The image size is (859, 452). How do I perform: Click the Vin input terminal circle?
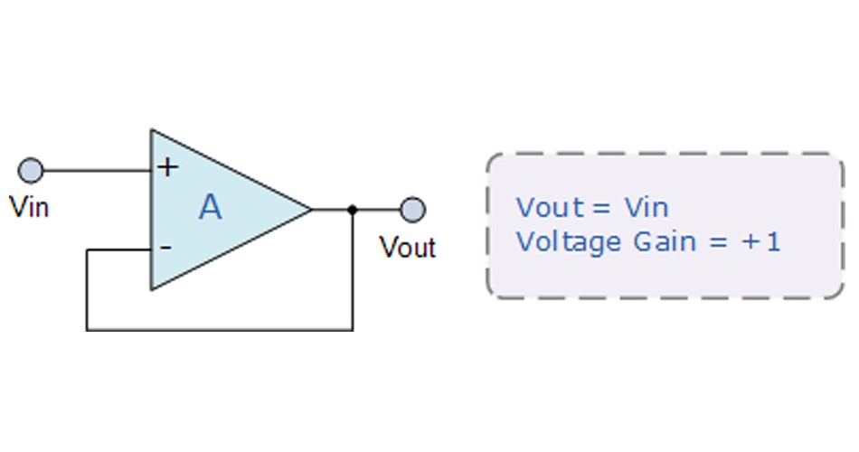[31, 170]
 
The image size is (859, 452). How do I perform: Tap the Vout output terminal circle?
[412, 210]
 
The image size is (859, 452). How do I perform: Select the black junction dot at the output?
[353, 210]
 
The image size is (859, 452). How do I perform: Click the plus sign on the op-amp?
[167, 167]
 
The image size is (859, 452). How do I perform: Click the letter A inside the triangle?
[211, 208]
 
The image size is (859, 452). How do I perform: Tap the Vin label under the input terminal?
[30, 208]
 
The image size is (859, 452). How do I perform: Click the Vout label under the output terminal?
[408, 248]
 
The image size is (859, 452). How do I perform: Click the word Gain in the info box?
[665, 241]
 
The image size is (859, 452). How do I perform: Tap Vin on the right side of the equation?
[647, 208]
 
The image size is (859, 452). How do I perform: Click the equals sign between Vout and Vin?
[601, 208]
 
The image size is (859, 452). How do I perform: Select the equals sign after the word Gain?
[718, 242]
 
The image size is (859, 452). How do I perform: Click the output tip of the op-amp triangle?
[312, 210]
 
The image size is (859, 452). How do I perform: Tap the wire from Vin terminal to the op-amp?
[97, 170]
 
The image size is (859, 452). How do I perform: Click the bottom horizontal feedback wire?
[219, 330]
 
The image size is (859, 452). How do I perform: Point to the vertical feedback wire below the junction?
[353, 270]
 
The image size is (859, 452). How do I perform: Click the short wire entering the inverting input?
[118, 250]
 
